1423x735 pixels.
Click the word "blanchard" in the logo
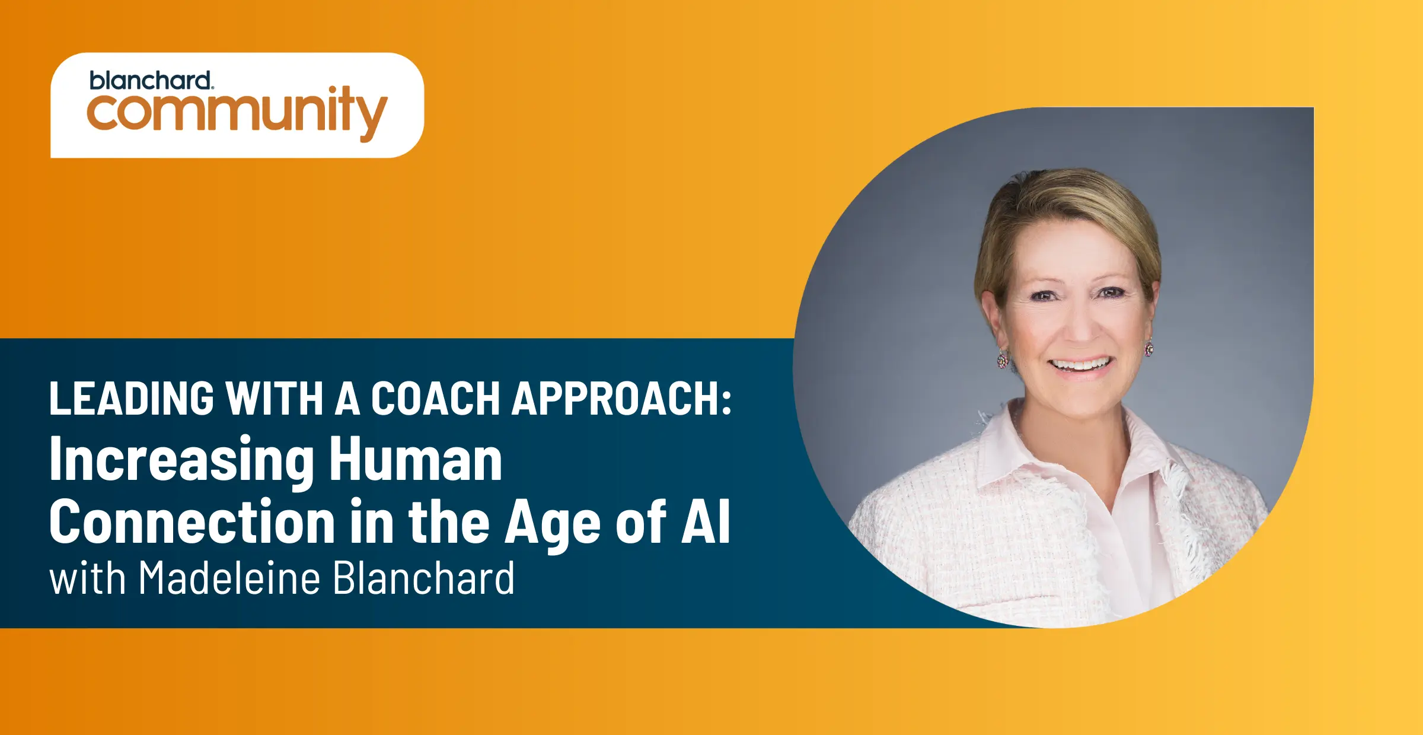[x=151, y=81]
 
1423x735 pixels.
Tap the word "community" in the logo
[x=237, y=113]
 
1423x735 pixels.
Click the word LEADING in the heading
[x=132, y=398]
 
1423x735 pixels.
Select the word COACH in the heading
[x=436, y=398]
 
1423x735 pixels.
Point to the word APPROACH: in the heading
[x=622, y=398]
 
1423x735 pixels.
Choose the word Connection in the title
[x=193, y=521]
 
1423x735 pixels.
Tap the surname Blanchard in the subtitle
[x=423, y=578]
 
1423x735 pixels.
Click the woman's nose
[x=1079, y=325]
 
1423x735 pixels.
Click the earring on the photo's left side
[x=1003, y=359]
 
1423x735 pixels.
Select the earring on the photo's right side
[x=1149, y=347]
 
